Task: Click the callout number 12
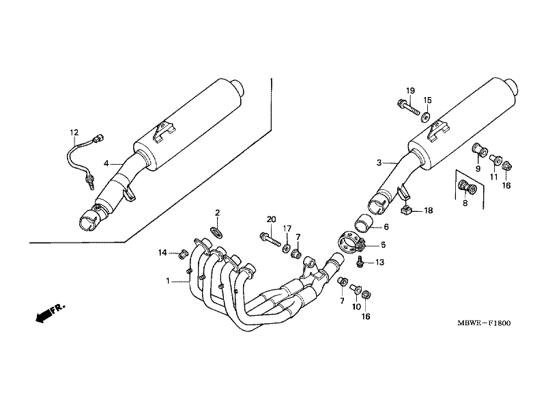(x=74, y=133)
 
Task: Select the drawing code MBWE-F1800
(x=484, y=323)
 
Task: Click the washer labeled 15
(x=425, y=118)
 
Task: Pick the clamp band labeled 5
(x=351, y=243)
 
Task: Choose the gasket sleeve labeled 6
(x=364, y=223)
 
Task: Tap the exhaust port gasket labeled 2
(x=216, y=232)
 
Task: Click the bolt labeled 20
(x=270, y=240)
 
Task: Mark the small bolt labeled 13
(x=360, y=261)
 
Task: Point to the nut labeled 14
(x=183, y=255)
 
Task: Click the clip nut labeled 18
(x=406, y=210)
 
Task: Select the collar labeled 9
(x=480, y=150)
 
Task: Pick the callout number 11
(x=493, y=177)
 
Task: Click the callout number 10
(x=356, y=307)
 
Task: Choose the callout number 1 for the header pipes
(x=168, y=281)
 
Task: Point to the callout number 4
(x=106, y=163)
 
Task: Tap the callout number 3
(x=379, y=163)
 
